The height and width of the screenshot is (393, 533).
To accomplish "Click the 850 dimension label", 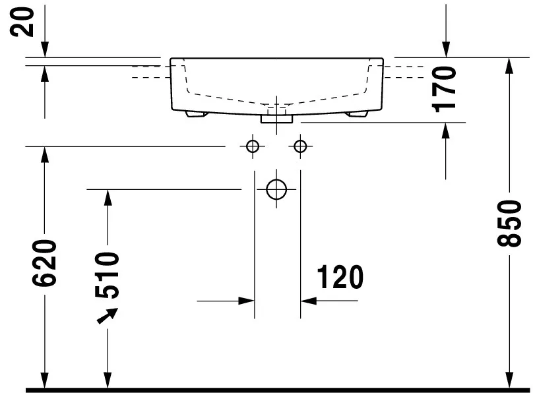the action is (509, 223).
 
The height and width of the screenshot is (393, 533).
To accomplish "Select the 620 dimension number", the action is (44, 263).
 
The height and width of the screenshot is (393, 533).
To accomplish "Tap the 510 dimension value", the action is (107, 275).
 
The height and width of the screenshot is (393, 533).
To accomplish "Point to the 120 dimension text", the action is (340, 277).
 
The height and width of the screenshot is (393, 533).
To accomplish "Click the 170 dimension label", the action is (443, 89).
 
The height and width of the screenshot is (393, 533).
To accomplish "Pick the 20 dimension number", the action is (22, 22).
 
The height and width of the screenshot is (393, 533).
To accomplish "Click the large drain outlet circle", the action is (276, 189).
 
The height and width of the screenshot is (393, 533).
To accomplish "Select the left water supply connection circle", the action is (252, 146).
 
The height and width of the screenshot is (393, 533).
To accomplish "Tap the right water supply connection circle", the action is (300, 146).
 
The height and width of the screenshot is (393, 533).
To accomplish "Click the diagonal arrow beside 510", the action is (108, 316).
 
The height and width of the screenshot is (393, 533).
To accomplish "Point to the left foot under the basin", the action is (197, 114).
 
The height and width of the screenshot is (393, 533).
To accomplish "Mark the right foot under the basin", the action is (357, 114).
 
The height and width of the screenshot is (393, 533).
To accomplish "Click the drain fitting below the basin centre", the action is (276, 119).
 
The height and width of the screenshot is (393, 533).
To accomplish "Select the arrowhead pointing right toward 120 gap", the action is (247, 301).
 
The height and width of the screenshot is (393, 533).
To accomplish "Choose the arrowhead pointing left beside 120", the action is (308, 301).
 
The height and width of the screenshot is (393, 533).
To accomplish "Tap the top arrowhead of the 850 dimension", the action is (509, 65).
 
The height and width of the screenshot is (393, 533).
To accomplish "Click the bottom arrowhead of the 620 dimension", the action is (44, 380).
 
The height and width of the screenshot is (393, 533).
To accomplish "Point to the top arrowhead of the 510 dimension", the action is (108, 197).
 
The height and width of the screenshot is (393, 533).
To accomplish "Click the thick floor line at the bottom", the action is (278, 390).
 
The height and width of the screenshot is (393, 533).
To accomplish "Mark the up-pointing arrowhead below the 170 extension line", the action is (446, 131).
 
